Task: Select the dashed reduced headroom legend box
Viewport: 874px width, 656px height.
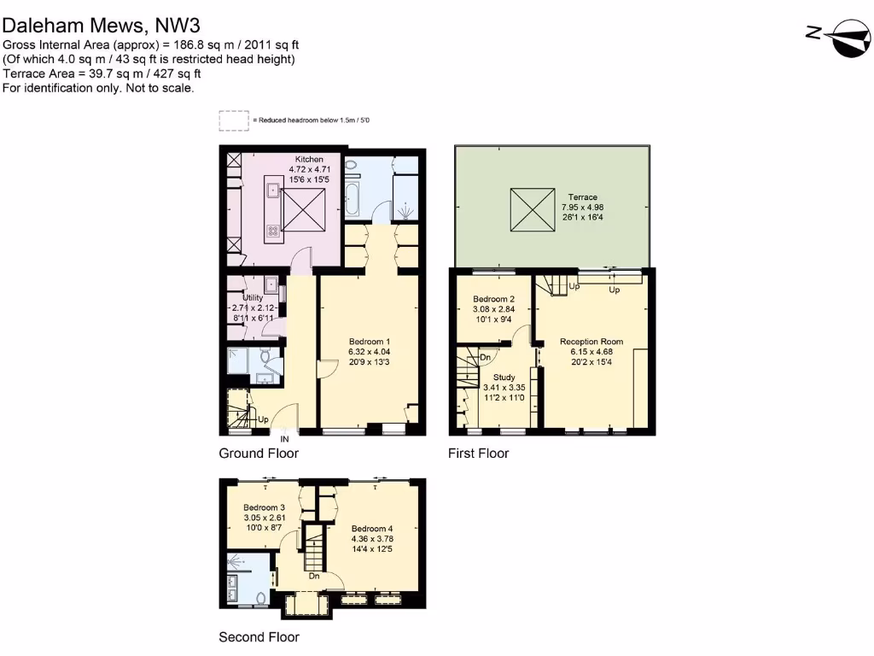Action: (234, 120)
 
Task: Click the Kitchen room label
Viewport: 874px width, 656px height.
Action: (309, 159)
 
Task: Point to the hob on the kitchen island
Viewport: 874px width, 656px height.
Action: (274, 229)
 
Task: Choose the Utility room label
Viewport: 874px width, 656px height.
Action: (253, 297)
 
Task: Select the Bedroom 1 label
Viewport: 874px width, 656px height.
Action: (370, 340)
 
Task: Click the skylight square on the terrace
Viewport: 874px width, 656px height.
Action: (527, 209)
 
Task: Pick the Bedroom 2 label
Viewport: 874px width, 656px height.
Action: (493, 300)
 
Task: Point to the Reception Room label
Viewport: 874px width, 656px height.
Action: (591, 342)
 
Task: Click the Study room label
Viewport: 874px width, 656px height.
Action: (504, 377)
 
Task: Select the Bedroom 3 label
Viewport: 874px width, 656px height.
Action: (265, 507)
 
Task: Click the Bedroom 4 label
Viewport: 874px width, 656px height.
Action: (372, 528)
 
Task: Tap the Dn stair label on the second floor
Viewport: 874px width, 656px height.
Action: (315, 577)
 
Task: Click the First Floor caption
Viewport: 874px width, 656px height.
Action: (478, 453)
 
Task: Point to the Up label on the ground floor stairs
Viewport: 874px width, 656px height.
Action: (263, 419)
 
